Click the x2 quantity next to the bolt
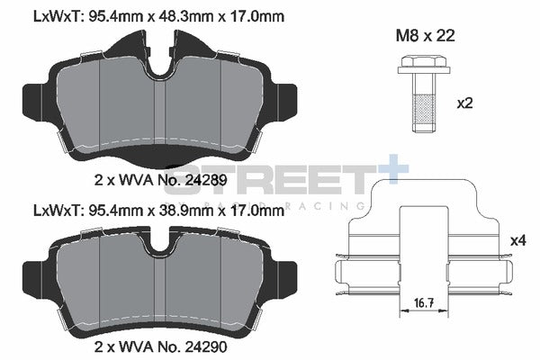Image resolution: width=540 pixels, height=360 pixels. [x=465, y=103]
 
